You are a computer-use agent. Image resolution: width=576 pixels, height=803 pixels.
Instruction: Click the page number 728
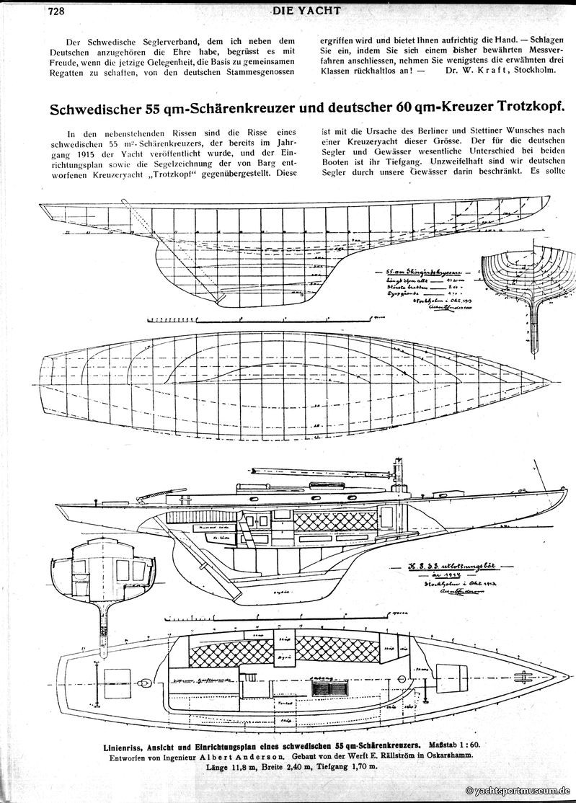(x=57, y=10)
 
